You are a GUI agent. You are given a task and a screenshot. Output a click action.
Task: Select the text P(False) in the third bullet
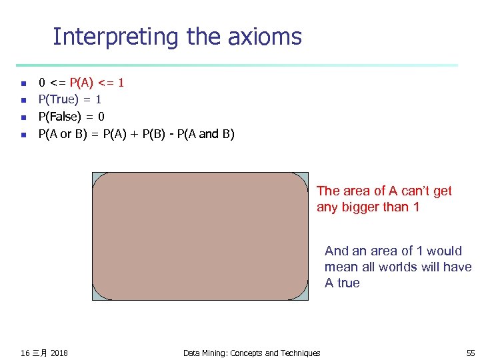coord(61,117)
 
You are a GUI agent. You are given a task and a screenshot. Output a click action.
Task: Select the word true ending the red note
coord(349,283)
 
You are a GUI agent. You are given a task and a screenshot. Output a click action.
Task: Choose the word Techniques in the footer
coord(299,353)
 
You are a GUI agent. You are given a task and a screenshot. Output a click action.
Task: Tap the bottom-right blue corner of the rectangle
coord(305,297)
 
